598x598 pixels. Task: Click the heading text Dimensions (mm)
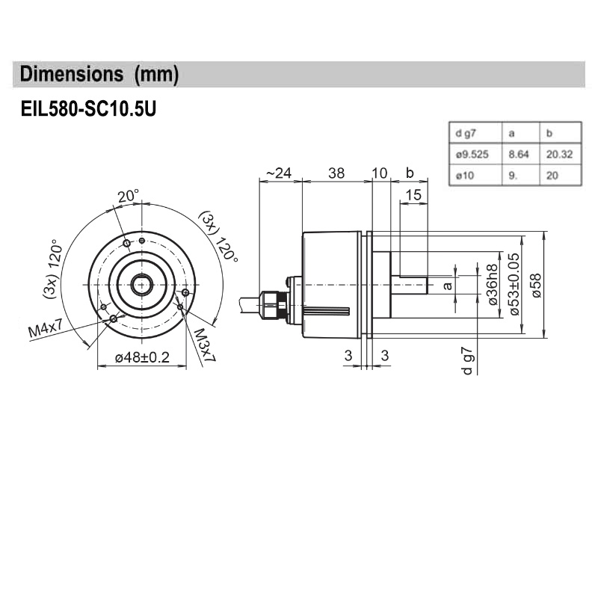[99, 75]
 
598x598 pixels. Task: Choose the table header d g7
[464, 134]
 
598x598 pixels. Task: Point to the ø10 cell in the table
[463, 176]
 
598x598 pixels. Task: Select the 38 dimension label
[336, 173]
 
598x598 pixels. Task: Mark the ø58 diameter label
[535, 284]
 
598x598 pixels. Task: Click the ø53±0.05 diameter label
[514, 284]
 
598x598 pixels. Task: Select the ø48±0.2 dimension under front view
[142, 358]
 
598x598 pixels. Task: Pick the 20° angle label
[128, 196]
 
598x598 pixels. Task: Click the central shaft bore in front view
[141, 285]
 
